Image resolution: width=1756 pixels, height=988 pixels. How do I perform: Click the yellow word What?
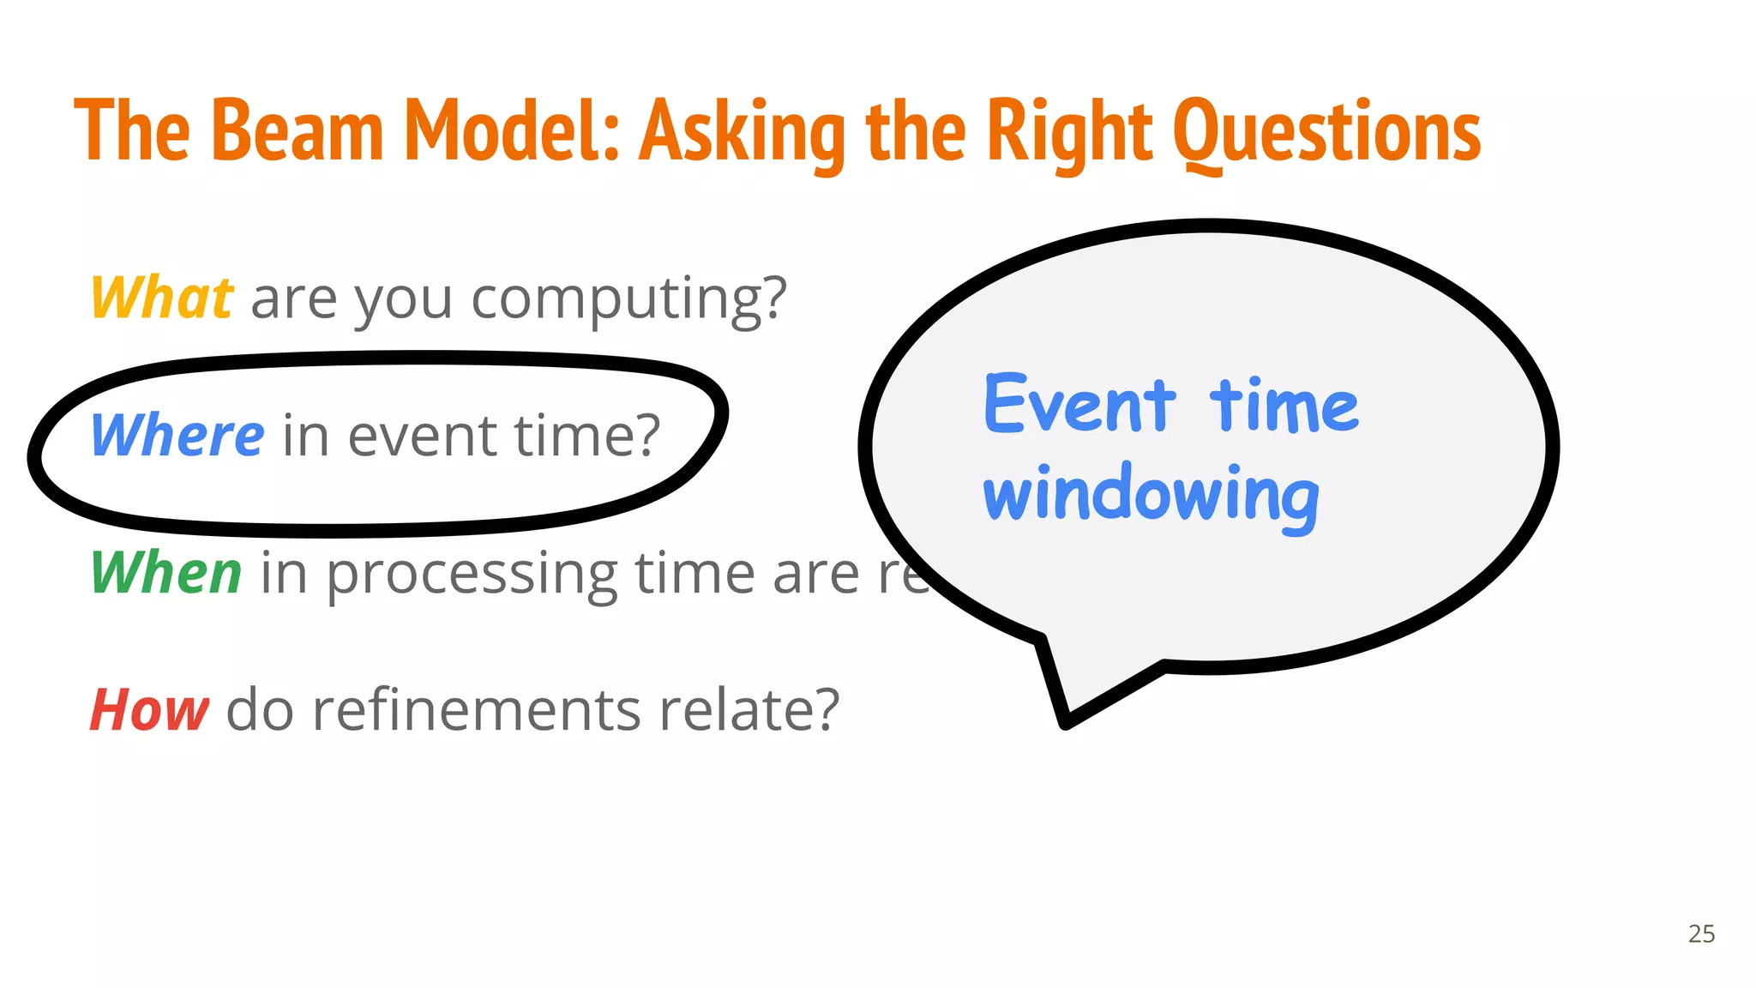161,298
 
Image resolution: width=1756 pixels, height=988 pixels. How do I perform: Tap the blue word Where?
177,436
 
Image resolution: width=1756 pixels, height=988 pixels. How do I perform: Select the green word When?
166,573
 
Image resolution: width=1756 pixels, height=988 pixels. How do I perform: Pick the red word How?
149,710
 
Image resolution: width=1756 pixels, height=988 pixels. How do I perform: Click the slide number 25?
1701,934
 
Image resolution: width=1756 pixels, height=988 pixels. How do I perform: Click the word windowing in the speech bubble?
1151,496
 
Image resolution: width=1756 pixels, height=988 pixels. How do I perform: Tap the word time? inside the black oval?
587,436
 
